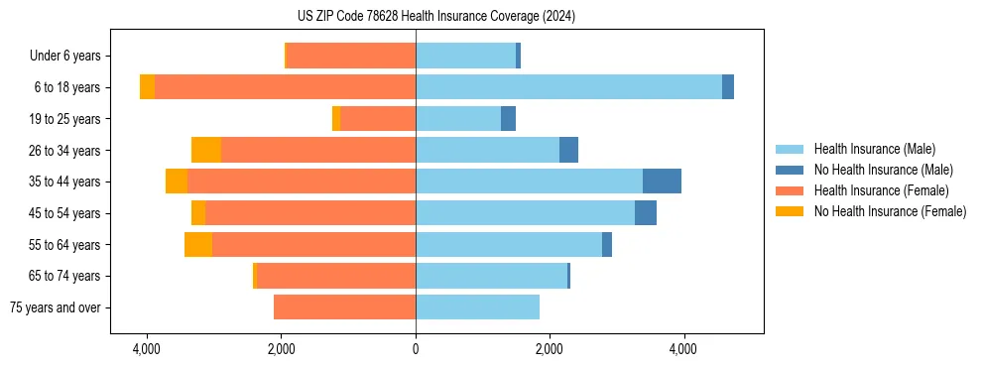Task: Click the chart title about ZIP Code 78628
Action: (435, 16)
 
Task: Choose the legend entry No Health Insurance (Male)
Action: (883, 170)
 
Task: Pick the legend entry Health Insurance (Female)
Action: (881, 190)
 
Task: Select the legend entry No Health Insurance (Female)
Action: (890, 211)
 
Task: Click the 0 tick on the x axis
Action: (416, 349)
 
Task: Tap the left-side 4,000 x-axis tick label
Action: (147, 349)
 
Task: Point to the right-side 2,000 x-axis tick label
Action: (550, 349)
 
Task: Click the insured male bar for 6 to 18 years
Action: (568, 87)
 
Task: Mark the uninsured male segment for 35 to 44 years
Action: (662, 182)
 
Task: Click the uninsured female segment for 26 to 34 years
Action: (206, 150)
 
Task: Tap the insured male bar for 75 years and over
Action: (477, 307)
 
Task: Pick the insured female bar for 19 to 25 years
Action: (378, 119)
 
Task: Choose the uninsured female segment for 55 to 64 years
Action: (198, 244)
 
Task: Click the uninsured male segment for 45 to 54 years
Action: (646, 213)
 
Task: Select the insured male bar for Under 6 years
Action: (465, 57)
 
